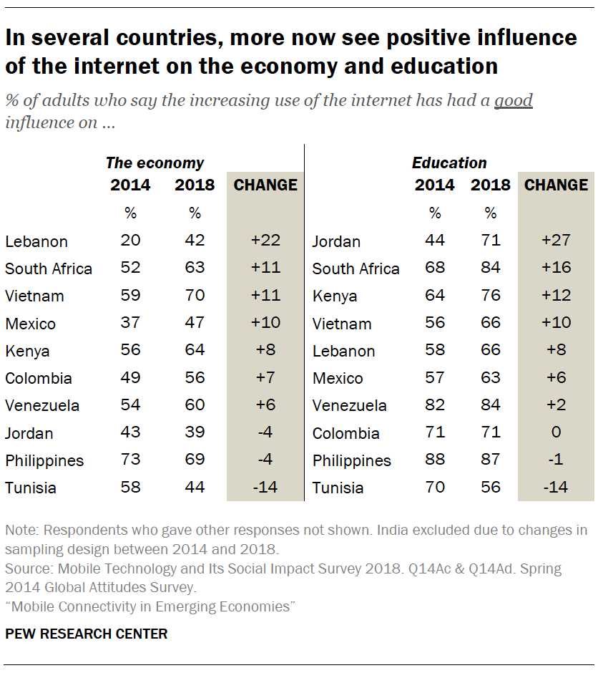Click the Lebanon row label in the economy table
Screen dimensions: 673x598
36,241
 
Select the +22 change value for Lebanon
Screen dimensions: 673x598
265,241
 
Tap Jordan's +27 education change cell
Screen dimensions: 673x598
556,241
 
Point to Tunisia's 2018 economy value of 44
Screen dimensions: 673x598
195,488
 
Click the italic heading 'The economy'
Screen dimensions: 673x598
155,163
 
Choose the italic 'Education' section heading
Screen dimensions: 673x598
449,163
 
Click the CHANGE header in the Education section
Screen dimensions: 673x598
556,185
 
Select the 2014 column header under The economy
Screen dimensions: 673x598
130,185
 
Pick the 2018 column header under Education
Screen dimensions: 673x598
491,185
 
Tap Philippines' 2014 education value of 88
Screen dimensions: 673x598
434,460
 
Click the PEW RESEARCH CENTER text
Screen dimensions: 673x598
87,634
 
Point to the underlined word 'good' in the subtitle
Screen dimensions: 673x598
514,100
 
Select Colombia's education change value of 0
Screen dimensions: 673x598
556,432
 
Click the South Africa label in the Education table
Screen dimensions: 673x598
356,268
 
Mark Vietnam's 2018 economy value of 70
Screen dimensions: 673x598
195,296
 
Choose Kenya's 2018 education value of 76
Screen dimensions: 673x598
491,296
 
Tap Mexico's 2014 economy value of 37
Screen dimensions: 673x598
130,323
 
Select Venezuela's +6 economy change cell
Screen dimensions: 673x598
265,405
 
